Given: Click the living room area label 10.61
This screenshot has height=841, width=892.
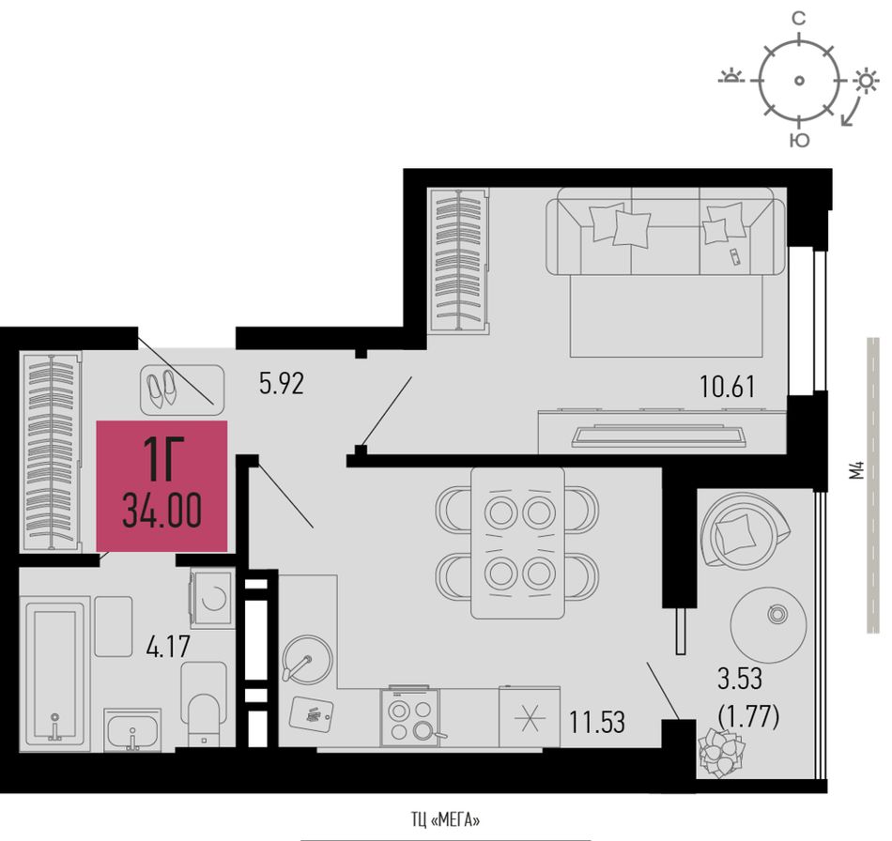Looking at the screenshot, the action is [x=728, y=388].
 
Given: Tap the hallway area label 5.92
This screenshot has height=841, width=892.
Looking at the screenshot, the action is [x=282, y=383].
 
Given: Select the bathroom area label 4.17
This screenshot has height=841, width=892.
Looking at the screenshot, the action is [x=167, y=647].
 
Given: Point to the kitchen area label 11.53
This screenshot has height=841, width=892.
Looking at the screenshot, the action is [x=597, y=723].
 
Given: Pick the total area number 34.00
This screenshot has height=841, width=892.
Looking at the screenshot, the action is [x=162, y=511].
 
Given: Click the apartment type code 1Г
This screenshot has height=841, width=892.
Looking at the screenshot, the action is [x=161, y=459].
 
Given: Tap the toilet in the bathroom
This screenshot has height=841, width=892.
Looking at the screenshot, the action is [x=204, y=705].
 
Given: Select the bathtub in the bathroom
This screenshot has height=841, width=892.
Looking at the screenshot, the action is [x=55, y=673].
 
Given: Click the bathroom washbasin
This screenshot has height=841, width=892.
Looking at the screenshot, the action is [x=132, y=729].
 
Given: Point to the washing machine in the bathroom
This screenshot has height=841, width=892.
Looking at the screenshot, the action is [x=212, y=598].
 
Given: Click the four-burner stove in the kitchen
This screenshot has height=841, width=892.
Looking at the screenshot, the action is [x=410, y=716].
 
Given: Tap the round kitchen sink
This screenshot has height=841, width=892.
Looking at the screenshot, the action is [x=307, y=661].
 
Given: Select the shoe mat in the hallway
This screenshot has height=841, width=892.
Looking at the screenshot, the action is [x=182, y=390].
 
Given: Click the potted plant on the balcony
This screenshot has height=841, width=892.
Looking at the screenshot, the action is [x=721, y=752].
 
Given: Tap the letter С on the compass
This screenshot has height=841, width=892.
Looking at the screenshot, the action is [x=799, y=20].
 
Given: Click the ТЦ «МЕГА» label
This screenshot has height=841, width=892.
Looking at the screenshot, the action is [x=445, y=820].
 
